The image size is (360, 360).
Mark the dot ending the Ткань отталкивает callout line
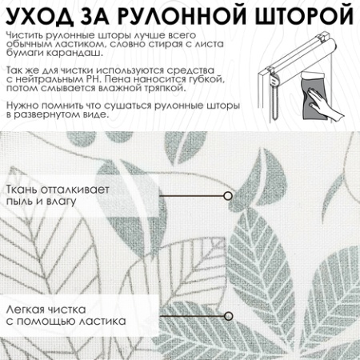[228, 195]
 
